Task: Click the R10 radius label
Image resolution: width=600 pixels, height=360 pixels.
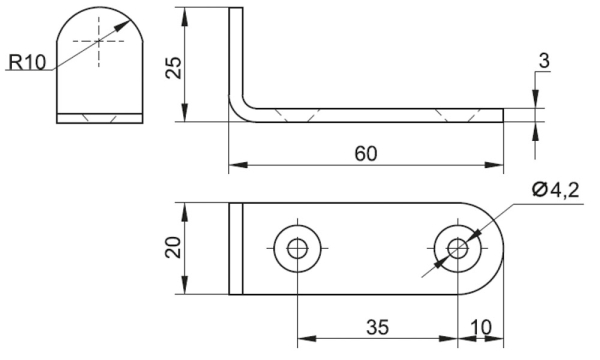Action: click(27, 62)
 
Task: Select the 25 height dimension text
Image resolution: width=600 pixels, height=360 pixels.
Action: click(173, 68)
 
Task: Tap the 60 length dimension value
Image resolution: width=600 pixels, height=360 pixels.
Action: click(366, 153)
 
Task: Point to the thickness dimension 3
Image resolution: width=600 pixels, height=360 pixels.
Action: click(544, 61)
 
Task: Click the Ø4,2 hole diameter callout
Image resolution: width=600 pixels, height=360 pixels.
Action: click(555, 190)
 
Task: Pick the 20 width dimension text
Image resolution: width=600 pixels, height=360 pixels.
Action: click(173, 247)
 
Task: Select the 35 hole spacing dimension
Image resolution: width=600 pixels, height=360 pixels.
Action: click(378, 327)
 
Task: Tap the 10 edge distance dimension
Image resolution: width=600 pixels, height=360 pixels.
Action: click(481, 327)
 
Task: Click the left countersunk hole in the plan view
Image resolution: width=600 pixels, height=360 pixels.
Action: click(297, 248)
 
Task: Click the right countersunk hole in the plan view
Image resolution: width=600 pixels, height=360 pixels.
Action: click(458, 248)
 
